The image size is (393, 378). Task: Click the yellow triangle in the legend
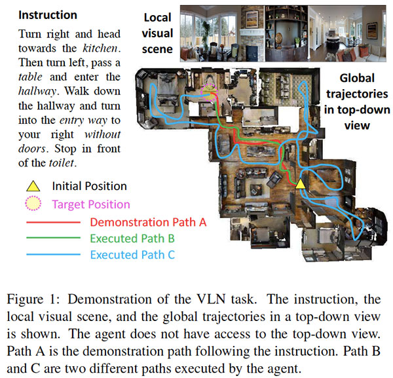click(x=28, y=187)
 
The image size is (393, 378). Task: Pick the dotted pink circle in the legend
click(x=28, y=204)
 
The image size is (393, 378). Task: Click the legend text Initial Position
click(x=89, y=187)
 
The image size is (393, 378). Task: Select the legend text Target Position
click(x=90, y=204)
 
